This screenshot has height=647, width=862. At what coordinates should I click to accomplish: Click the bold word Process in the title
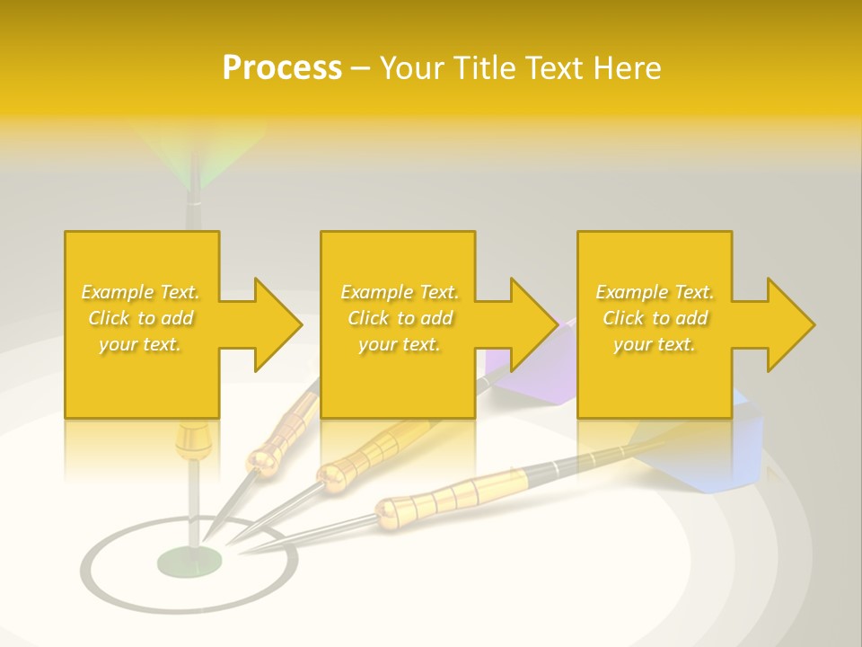282,68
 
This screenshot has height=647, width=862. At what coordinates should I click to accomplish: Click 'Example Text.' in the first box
141,292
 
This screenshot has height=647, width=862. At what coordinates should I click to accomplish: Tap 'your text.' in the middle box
399,344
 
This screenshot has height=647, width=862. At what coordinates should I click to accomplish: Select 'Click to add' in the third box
655,318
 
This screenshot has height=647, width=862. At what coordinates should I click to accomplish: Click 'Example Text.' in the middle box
399,292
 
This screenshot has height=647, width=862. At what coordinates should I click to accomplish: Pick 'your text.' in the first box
141,344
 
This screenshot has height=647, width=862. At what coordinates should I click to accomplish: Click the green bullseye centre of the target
189,562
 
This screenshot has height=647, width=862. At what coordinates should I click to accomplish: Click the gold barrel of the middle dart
368,454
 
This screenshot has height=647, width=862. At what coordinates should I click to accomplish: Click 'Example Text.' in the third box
655,292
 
